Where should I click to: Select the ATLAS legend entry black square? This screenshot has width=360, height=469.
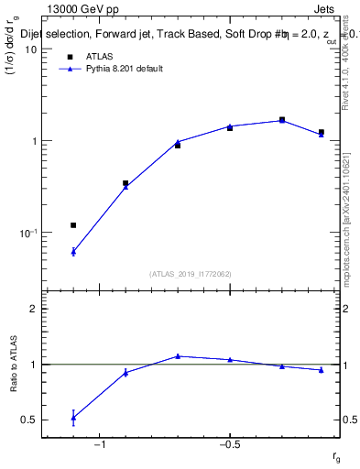click(x=70, y=57)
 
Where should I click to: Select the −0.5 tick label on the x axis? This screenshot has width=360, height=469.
click(x=229, y=445)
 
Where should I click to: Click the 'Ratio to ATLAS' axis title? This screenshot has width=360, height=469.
click(x=14, y=365)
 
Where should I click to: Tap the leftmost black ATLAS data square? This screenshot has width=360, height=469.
click(x=73, y=225)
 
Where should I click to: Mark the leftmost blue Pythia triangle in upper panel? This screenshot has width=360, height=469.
click(x=73, y=251)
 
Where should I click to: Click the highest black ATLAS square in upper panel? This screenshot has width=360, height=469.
click(x=282, y=119)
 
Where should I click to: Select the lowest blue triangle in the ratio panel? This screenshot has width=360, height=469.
click(x=73, y=418)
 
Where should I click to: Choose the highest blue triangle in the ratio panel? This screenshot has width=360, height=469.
click(x=178, y=356)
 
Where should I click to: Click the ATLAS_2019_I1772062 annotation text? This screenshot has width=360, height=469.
click(x=191, y=274)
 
